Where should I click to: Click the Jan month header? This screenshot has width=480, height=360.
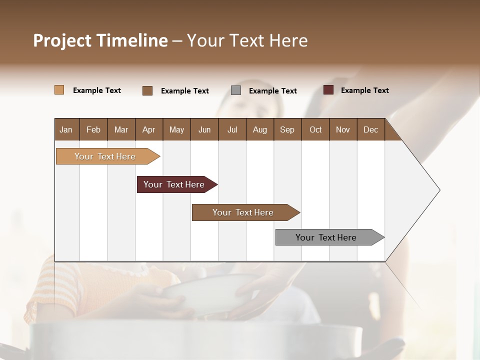click(66, 130)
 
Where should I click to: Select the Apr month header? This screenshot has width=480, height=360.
click(148, 130)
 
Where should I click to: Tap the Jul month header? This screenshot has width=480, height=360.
click(232, 130)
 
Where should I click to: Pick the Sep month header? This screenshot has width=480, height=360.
click(287, 130)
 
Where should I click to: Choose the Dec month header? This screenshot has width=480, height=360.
click(370, 130)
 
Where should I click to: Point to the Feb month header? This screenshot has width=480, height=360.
click(93, 130)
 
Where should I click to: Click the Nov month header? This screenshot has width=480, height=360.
click(342, 130)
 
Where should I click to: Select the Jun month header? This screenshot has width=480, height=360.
click(204, 130)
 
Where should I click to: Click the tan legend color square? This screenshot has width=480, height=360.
click(59, 90)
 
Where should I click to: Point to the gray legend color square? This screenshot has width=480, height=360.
click(236, 90)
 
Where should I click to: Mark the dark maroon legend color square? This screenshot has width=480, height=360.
click(328, 90)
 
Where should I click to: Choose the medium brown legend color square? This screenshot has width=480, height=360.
click(147, 90)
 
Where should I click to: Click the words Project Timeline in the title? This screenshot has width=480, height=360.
click(100, 40)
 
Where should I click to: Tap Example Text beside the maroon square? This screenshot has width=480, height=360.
click(364, 90)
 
